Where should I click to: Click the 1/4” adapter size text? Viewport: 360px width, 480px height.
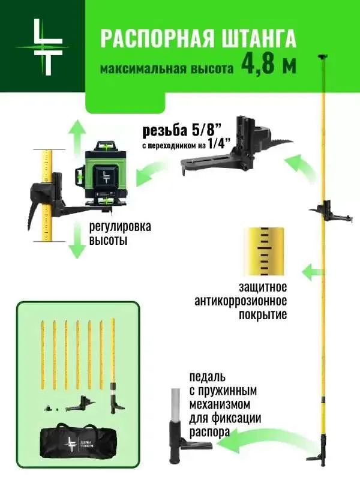[240, 145]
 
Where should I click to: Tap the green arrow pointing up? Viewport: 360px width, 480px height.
[76, 135]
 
